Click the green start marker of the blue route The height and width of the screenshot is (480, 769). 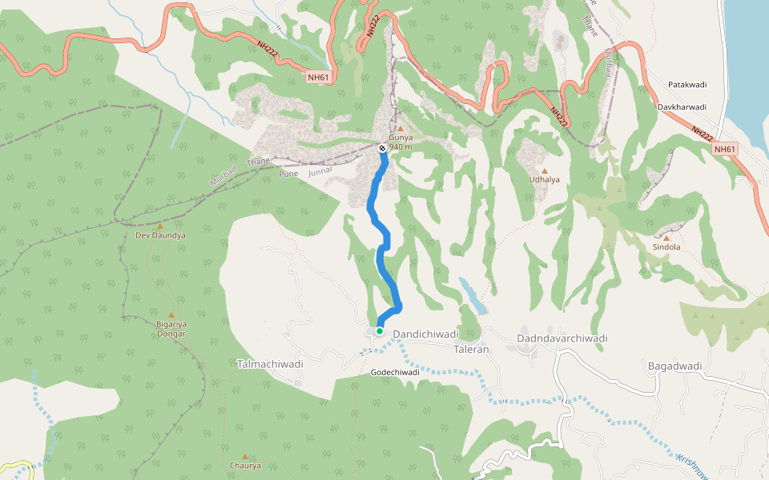(x=379, y=330)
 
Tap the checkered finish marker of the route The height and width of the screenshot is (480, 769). (x=383, y=147)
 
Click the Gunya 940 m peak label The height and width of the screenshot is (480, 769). (x=401, y=142)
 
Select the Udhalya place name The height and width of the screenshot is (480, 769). (x=544, y=180)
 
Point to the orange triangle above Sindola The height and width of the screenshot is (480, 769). (x=666, y=238)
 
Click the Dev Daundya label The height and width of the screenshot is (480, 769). (x=160, y=236)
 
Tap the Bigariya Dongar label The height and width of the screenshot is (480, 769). (x=171, y=328)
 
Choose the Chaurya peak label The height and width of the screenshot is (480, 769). (x=245, y=466)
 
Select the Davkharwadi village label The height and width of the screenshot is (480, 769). (x=682, y=106)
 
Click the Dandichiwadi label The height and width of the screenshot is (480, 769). (x=425, y=334)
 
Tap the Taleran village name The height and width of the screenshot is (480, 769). (x=471, y=350)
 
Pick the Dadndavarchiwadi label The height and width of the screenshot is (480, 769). (x=562, y=338)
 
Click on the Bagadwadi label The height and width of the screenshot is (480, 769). (x=674, y=366)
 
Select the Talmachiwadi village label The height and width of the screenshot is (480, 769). (x=270, y=364)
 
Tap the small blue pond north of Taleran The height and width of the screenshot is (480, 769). (x=473, y=295)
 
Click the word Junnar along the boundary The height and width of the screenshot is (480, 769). (x=320, y=170)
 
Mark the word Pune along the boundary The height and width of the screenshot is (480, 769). (x=288, y=173)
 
